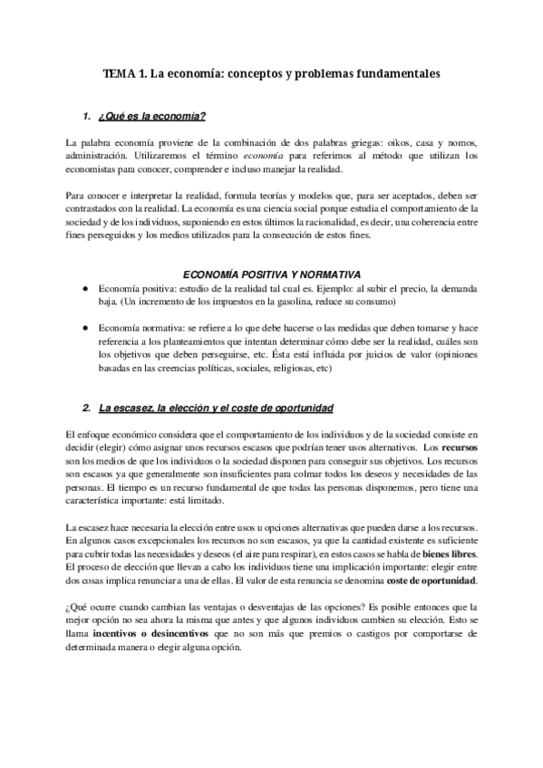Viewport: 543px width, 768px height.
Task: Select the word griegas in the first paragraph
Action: pyautogui.click(x=390, y=144)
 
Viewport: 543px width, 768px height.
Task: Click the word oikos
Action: pyautogui.click(x=423, y=144)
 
